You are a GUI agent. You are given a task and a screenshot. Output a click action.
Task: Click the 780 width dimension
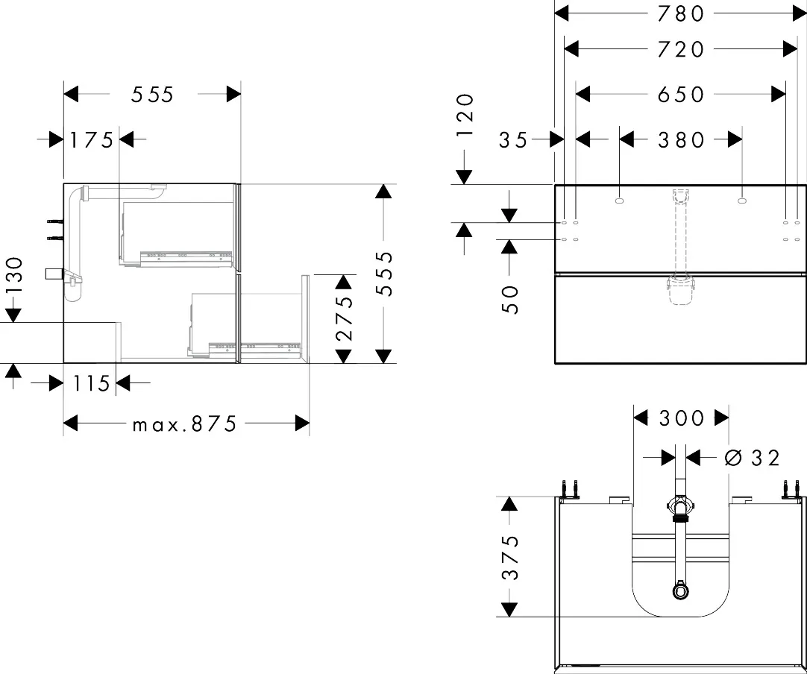pyautogui.click(x=681, y=13)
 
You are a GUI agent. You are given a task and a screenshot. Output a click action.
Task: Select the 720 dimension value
pyautogui.click(x=681, y=49)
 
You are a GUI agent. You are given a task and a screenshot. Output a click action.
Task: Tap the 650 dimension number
pyautogui.click(x=681, y=94)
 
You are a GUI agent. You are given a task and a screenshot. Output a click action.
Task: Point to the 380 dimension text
pyautogui.click(x=681, y=139)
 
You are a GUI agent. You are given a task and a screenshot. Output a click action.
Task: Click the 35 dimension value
pyautogui.click(x=513, y=139)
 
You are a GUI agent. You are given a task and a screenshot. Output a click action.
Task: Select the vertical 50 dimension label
pyautogui.click(x=510, y=298)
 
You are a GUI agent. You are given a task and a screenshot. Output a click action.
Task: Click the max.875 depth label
pyautogui.click(x=184, y=424)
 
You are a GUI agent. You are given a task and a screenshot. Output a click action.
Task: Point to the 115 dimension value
pyautogui.click(x=92, y=383)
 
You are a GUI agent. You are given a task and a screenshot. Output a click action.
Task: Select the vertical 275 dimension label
pyautogui.click(x=343, y=319)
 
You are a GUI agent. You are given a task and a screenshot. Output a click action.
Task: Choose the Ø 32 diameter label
pyautogui.click(x=752, y=457)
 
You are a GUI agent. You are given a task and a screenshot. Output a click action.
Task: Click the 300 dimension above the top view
pyautogui.click(x=681, y=418)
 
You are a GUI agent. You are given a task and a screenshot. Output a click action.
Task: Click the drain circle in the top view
pyautogui.click(x=680, y=591)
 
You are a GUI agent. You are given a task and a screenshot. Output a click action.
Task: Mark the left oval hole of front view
pyautogui.click(x=621, y=200)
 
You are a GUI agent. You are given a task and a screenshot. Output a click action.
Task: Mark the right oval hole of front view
pyautogui.click(x=741, y=200)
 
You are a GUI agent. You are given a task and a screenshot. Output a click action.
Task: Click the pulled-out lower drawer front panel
pyautogui.click(x=305, y=318)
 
